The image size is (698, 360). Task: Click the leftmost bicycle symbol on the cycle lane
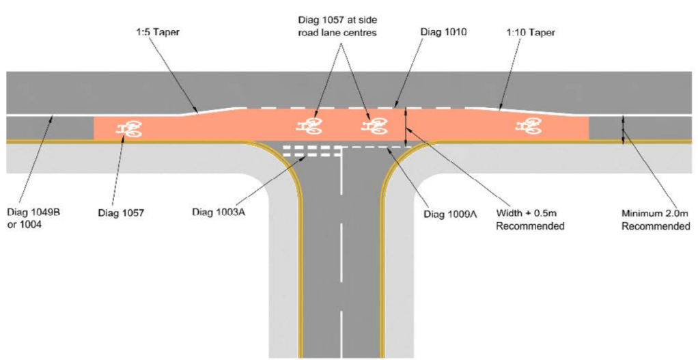(128, 128)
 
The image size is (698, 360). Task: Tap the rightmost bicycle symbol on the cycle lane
(527, 125)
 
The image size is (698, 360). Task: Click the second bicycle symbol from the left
(310, 125)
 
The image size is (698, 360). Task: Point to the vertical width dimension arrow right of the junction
(406, 127)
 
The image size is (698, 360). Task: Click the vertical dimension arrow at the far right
(623, 129)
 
